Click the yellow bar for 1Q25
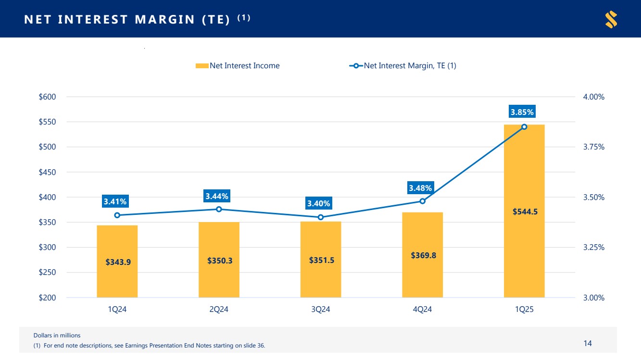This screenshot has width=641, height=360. (x=524, y=240)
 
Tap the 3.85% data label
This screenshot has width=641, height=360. (x=522, y=112)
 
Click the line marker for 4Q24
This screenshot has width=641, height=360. (x=423, y=201)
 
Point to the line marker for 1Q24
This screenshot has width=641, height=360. (x=117, y=215)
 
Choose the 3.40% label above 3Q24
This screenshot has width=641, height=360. (x=319, y=204)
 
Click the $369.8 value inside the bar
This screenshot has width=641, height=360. (x=423, y=255)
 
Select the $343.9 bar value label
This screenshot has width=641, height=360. (x=118, y=262)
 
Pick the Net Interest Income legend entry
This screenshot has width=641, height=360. (x=238, y=66)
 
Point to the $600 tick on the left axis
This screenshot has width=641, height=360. (x=47, y=97)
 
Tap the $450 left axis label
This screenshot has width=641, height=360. (x=47, y=172)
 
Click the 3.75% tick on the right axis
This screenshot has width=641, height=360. (x=593, y=147)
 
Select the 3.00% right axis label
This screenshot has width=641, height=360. (x=593, y=298)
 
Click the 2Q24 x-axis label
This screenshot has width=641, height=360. (x=219, y=310)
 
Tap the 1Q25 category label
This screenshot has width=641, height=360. (x=524, y=310)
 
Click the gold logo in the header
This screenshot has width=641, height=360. (x=611, y=19)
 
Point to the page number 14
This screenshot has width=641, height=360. (x=588, y=343)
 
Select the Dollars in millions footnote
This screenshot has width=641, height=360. (x=57, y=335)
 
